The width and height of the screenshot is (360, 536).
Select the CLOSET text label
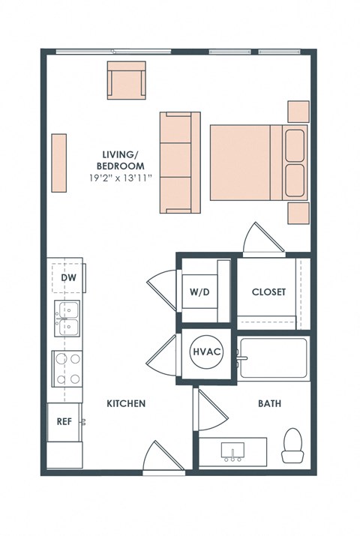coord(268,292)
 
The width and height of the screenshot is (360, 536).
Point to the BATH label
coord(269,403)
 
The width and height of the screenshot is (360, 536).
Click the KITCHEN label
coord(125,403)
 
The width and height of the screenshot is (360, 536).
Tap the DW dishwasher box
coord(67,278)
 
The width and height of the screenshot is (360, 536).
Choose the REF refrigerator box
coord(64,421)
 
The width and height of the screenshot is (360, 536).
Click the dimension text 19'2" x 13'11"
coord(120,178)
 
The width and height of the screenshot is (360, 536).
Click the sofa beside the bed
coord(179,162)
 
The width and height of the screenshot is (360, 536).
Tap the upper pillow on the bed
coord(295,145)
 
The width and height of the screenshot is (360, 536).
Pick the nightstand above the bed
coord(298,111)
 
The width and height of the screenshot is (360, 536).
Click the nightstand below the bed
coord(298,213)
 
